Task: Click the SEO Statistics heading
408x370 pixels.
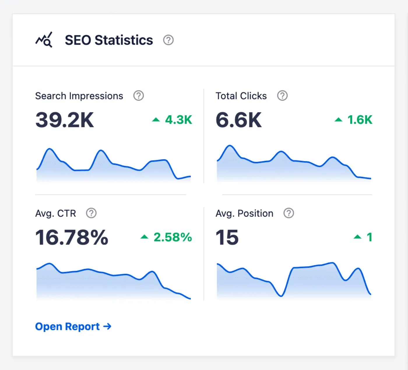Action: (x=109, y=40)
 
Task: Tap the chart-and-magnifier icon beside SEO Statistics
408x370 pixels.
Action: (x=44, y=40)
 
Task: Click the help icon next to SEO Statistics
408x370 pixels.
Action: (x=168, y=40)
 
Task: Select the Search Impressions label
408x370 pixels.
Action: (x=79, y=96)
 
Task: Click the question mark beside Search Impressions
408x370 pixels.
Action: (x=138, y=96)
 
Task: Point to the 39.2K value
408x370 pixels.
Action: (x=64, y=120)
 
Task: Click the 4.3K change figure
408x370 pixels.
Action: (x=178, y=120)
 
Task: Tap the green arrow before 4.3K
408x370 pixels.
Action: (x=156, y=120)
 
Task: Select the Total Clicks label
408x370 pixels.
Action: (x=241, y=96)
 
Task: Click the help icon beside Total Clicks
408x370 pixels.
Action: (x=282, y=96)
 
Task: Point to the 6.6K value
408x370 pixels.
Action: (x=238, y=120)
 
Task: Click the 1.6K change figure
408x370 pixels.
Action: (x=360, y=120)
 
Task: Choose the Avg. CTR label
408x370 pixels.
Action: (x=55, y=214)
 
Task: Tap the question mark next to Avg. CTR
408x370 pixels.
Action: (x=91, y=213)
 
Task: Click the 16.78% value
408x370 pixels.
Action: (x=72, y=237)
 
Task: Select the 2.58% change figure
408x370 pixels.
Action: (x=173, y=237)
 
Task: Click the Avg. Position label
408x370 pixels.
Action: (x=244, y=214)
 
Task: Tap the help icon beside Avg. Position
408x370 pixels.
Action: (x=289, y=213)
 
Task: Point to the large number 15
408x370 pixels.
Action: (x=227, y=237)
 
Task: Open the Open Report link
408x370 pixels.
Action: (x=73, y=327)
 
